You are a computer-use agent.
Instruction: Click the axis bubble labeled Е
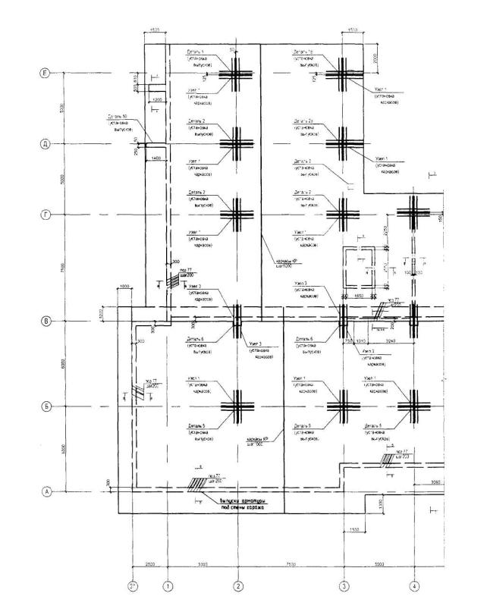point(45,74)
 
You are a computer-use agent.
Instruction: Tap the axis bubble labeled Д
point(45,144)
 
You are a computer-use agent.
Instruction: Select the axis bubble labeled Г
point(45,215)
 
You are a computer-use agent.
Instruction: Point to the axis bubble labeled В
point(45,321)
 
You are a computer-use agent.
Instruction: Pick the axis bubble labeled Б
point(45,406)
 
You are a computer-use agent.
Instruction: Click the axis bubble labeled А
point(45,491)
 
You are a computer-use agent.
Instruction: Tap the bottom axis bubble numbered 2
point(237,585)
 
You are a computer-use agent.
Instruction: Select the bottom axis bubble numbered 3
point(343,585)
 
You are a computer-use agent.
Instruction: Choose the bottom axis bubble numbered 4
point(414,585)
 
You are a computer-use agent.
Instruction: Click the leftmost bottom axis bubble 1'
point(132,585)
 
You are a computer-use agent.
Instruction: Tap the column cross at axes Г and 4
point(414,215)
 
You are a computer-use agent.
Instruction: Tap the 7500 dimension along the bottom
point(291,565)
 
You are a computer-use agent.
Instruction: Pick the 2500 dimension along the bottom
point(149,565)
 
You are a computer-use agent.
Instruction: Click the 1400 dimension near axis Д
point(157,157)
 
